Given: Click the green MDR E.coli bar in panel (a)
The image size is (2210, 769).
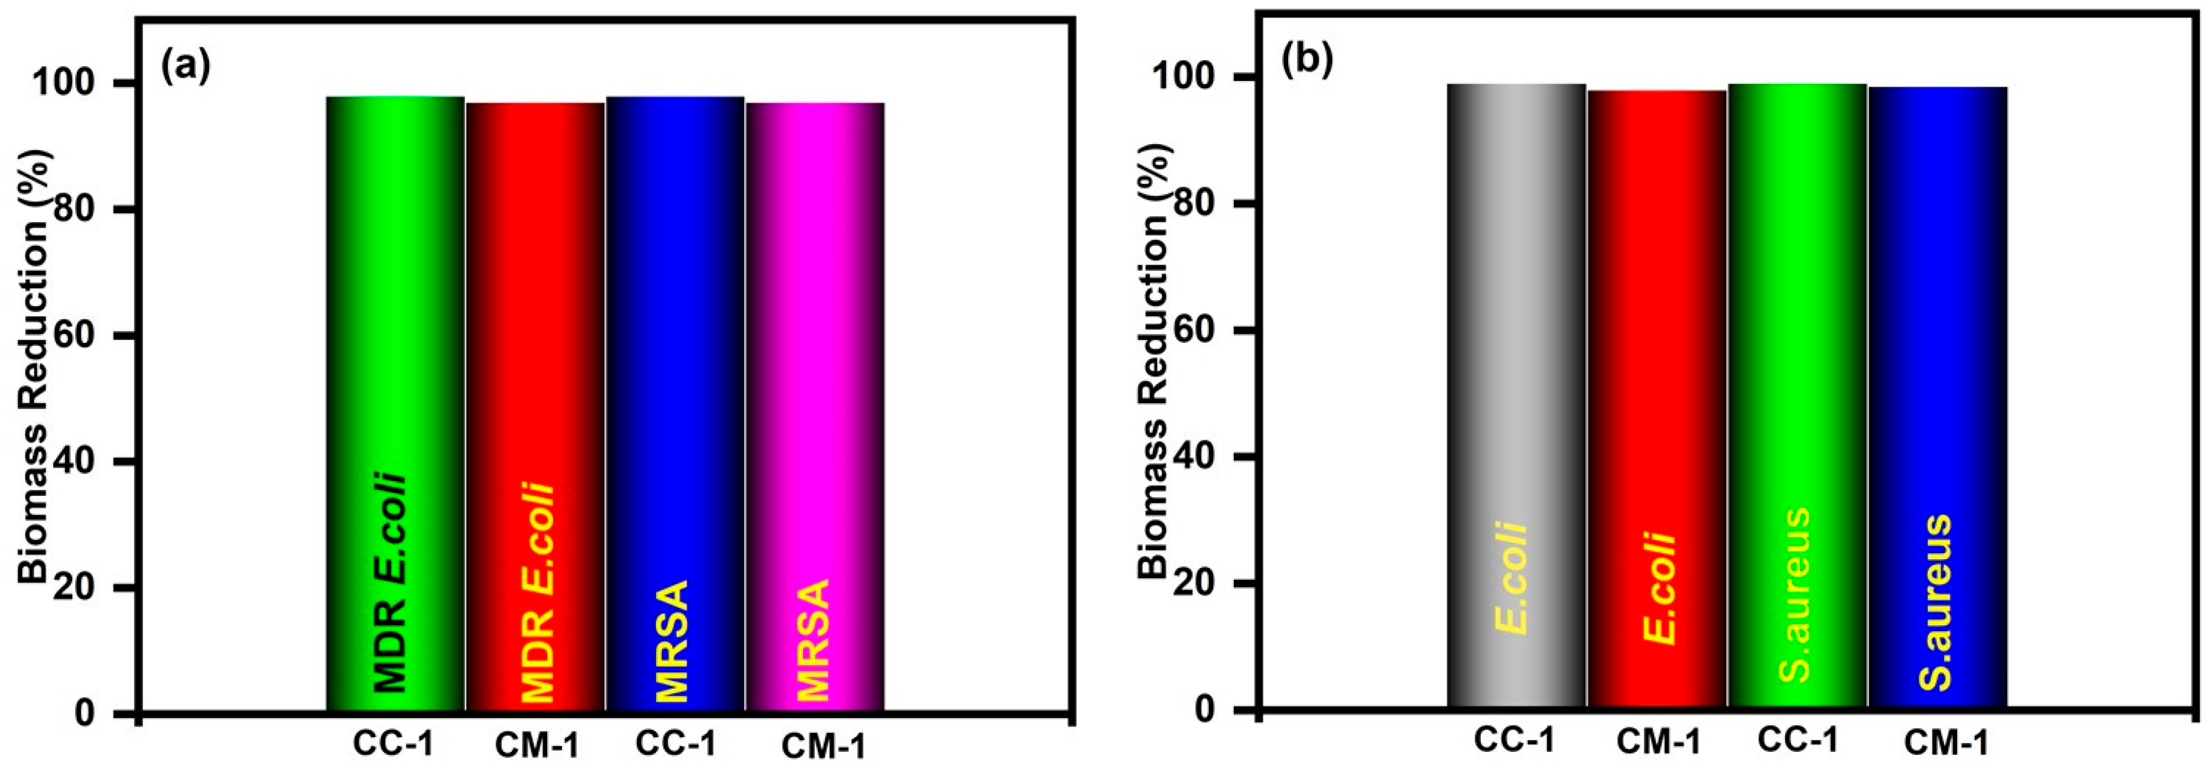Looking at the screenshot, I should (x=395, y=343).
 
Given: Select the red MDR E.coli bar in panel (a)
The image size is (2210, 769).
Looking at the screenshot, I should (x=535, y=343).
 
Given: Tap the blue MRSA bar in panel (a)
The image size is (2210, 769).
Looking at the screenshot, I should (x=675, y=343).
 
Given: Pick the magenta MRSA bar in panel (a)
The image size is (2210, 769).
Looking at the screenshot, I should (x=815, y=343).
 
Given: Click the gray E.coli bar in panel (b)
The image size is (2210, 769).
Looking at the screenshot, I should (x=1516, y=343).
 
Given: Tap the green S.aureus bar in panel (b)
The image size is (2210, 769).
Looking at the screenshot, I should (x=1798, y=343).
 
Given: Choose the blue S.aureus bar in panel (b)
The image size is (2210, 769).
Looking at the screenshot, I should (x=1937, y=343).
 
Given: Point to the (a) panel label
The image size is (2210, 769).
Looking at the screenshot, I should (x=186, y=67).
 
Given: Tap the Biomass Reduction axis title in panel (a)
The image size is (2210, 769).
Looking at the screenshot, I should (x=34, y=365).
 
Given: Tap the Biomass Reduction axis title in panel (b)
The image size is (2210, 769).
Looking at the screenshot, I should (x=1154, y=361).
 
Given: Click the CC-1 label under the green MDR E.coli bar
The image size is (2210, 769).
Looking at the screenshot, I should (x=392, y=742).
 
